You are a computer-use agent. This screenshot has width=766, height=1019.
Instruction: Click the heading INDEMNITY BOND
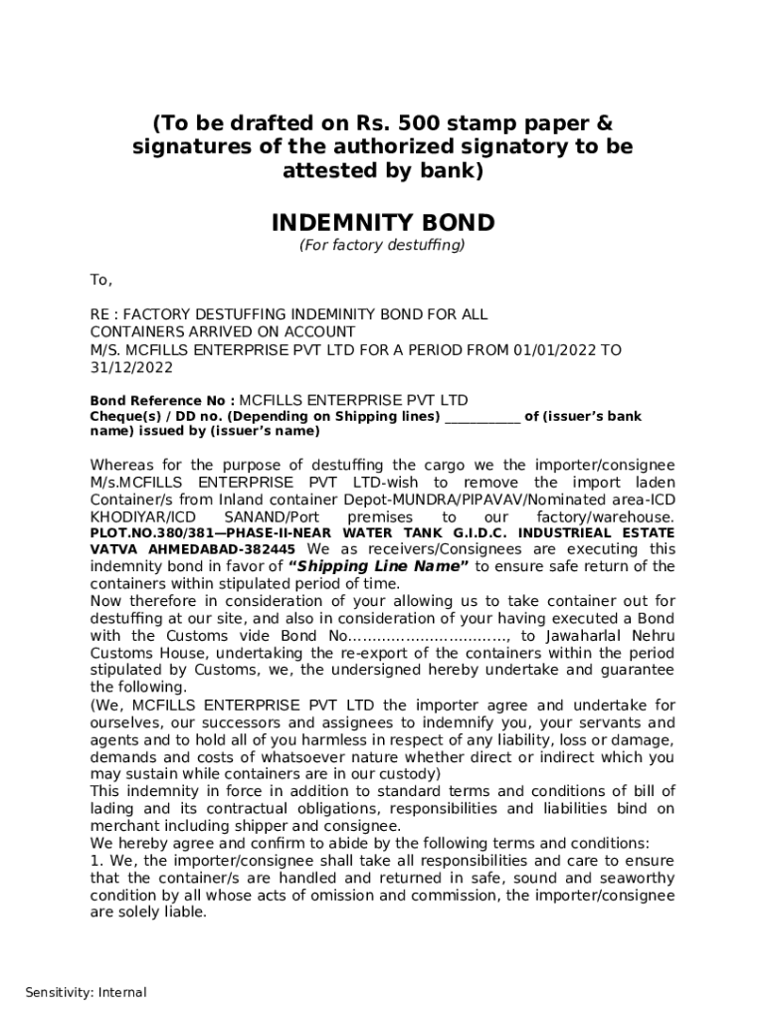(383, 221)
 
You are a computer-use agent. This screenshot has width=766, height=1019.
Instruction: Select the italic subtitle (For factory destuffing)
(383, 245)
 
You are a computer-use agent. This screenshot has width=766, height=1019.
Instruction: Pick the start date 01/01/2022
(556, 349)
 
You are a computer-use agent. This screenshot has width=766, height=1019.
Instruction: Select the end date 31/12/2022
(131, 367)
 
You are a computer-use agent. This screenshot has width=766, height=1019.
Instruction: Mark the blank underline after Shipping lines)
(481, 417)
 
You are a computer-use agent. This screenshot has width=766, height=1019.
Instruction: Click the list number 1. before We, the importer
(96, 861)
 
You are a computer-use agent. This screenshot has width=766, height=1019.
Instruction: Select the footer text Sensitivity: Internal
(86, 992)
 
